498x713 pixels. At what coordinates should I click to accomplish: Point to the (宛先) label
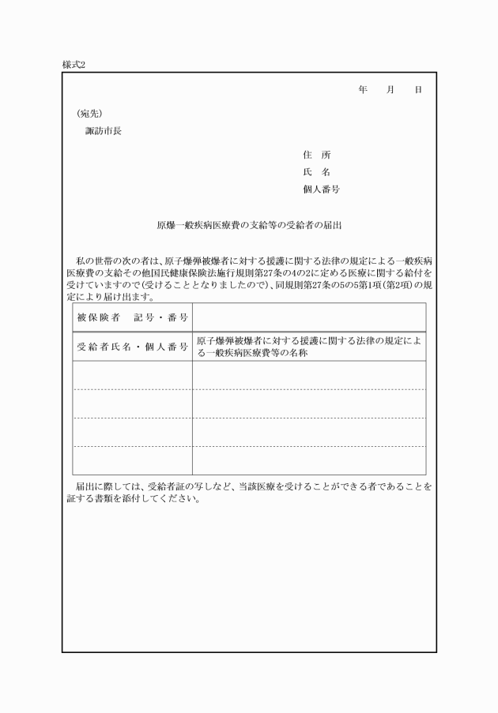click(89, 113)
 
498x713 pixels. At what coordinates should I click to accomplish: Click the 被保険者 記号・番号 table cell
click(132, 317)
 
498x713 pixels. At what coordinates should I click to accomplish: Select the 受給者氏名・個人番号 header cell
click(132, 347)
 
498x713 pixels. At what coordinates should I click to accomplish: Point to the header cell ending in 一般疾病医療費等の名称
click(308, 347)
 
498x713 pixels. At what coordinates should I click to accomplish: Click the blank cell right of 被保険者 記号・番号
click(308, 317)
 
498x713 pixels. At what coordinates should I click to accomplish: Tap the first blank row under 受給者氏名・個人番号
click(132, 375)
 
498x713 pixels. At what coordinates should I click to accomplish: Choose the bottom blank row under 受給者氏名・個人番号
click(132, 460)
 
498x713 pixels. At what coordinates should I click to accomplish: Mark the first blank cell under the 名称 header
click(308, 375)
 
